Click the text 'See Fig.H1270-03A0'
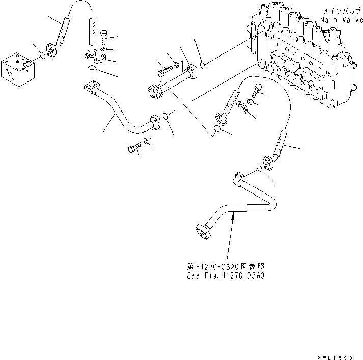coord(225,275)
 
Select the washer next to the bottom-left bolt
coord(147,141)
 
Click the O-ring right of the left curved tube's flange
coord(164,118)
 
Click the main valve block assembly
coord(300,56)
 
